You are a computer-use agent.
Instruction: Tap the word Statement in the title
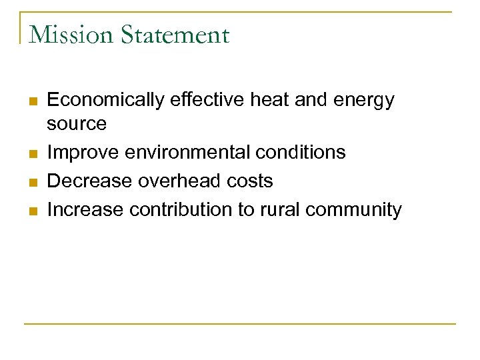175,35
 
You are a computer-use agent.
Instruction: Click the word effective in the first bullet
207,100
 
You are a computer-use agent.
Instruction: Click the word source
77,124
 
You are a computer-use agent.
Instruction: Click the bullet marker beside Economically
31,101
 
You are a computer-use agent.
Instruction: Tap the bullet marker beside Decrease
31,182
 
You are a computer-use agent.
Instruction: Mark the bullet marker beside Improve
31,153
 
